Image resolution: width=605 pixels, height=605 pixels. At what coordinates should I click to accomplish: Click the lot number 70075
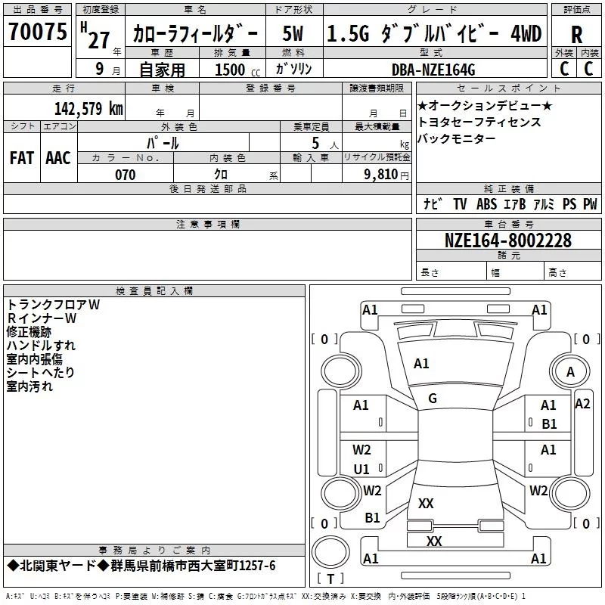[x=37, y=31]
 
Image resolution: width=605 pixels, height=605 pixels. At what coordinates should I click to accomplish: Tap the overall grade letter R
[x=576, y=35]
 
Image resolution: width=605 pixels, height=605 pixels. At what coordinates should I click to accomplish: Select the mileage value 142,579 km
[x=88, y=108]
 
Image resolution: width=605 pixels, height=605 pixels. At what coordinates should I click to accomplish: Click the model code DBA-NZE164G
[x=433, y=70]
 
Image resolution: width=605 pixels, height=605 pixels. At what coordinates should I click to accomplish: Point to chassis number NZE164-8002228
[x=507, y=240]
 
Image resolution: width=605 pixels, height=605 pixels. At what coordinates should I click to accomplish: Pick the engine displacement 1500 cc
[x=237, y=70]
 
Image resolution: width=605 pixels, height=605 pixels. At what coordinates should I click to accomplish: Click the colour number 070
[x=125, y=175]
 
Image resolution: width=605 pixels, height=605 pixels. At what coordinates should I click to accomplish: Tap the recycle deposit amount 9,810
[x=380, y=174]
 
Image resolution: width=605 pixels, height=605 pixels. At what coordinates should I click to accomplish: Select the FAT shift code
[x=22, y=158]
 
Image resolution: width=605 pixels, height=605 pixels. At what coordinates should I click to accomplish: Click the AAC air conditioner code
[x=58, y=158]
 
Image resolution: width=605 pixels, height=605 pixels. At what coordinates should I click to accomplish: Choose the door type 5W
[x=293, y=33]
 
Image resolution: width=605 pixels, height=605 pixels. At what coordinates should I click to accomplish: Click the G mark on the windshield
[x=433, y=399]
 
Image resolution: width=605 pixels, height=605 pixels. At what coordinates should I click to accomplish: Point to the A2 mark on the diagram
[x=582, y=404]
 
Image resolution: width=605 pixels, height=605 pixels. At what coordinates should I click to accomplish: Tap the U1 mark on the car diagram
[x=361, y=469]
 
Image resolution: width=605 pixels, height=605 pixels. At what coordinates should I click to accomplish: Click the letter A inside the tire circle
[x=570, y=372]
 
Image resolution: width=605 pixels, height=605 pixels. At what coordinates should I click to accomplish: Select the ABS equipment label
[x=486, y=203]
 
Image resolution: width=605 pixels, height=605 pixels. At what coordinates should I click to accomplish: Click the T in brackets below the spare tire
[x=330, y=579]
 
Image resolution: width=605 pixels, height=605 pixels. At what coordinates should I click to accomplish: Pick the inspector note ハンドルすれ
[x=41, y=346]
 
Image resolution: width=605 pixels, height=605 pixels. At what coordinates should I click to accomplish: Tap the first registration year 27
[x=99, y=40]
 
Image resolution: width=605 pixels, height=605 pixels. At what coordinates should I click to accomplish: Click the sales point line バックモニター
[x=457, y=138]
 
